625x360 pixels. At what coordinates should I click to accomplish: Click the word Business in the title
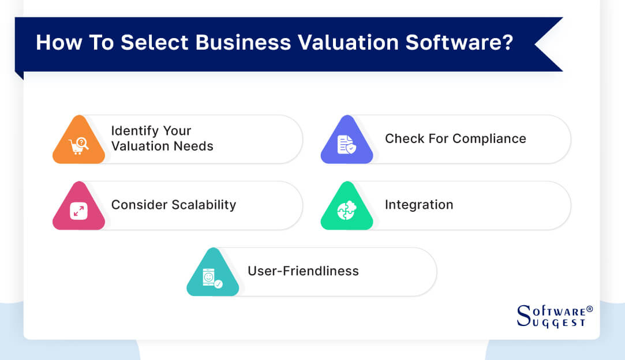[x=243, y=42]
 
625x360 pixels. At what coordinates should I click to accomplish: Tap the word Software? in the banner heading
[x=459, y=42]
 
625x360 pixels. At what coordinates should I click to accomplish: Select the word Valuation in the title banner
[x=349, y=42]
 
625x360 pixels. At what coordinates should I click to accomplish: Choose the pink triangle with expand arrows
[x=78, y=206]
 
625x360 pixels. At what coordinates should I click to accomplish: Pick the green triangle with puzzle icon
[x=347, y=206]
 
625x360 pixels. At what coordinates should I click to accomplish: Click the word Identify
[x=134, y=131]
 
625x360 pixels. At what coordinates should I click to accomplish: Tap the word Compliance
[x=489, y=139]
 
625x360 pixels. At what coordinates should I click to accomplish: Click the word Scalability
[x=204, y=205]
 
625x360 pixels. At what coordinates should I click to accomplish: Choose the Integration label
[x=419, y=205]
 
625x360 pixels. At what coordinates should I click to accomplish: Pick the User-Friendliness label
[x=304, y=271]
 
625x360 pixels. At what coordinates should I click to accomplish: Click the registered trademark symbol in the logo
[x=590, y=309]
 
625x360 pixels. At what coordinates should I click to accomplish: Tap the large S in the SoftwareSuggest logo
[x=524, y=316]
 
